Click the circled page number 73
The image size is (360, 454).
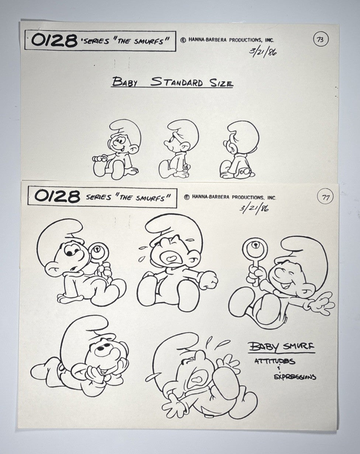pos(320,40)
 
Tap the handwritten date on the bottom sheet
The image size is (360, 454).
pos(254,209)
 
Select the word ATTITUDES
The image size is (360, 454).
pos(275,361)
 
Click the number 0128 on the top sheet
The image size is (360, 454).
pos(55,41)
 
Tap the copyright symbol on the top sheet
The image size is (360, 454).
pos(183,40)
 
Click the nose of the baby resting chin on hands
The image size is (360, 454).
pos(101,351)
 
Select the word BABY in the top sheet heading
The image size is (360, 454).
pos(125,82)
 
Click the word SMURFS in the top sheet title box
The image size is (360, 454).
pos(149,41)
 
